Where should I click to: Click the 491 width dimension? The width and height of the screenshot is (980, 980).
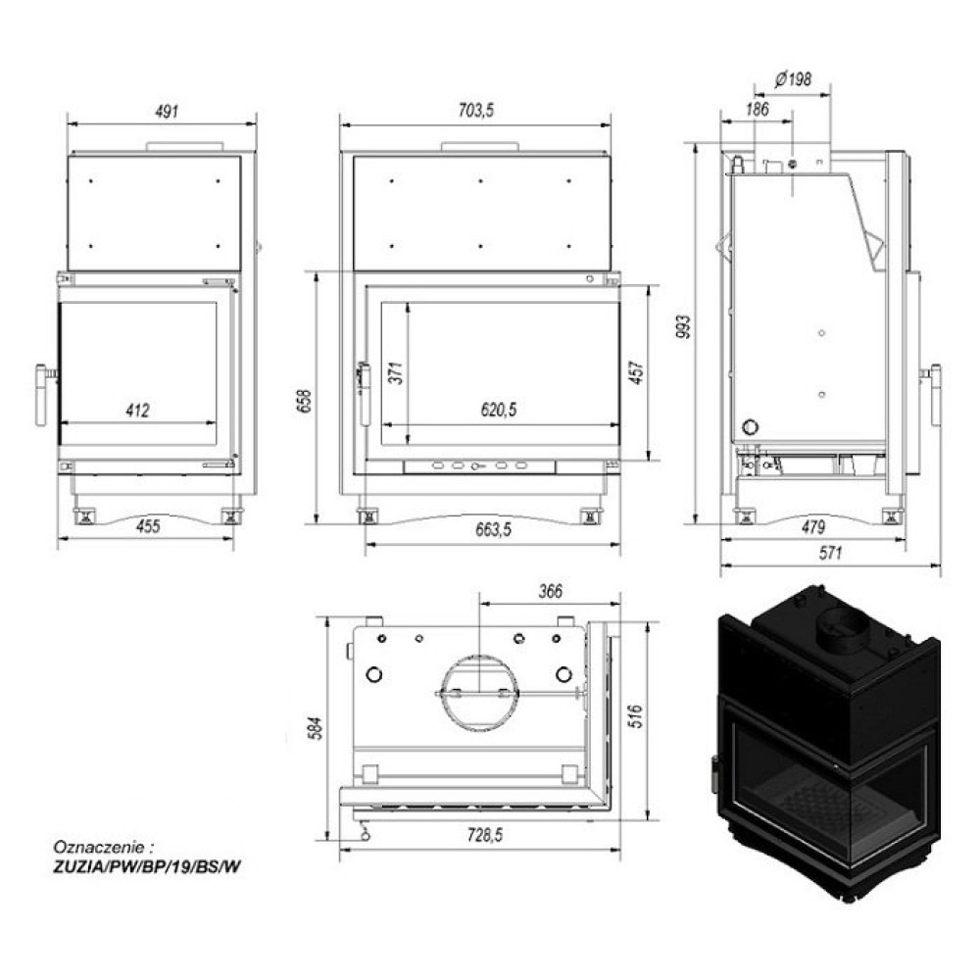click(x=167, y=112)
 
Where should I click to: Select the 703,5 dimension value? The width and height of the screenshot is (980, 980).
click(x=476, y=111)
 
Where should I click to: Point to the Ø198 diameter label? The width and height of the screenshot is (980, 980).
click(x=793, y=79)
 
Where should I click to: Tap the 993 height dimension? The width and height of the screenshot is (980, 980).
click(x=684, y=326)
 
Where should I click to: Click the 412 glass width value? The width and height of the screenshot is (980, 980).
click(x=137, y=411)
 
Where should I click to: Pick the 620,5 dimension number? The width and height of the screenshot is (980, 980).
click(x=499, y=410)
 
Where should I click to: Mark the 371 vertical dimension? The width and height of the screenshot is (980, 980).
click(x=397, y=373)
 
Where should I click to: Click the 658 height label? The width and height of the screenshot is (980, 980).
click(x=305, y=402)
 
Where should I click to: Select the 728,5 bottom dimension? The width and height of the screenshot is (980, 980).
click(x=485, y=835)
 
